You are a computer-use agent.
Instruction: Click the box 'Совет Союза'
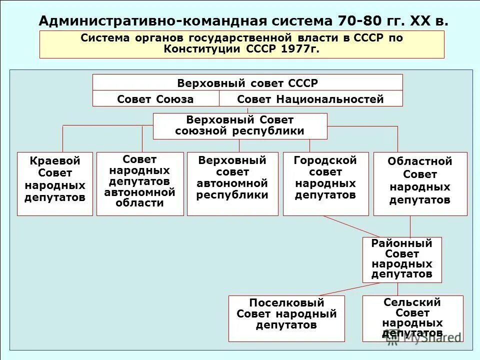(155, 99)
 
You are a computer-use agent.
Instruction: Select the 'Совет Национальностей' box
(310, 99)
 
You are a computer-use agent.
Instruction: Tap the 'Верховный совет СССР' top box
(247, 83)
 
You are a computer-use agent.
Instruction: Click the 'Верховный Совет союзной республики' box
(240, 126)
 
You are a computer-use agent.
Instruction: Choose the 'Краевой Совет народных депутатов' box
(55, 183)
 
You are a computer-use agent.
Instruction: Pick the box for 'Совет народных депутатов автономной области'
(140, 183)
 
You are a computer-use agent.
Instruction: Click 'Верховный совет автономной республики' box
(232, 183)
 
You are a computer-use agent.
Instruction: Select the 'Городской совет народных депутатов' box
(325, 183)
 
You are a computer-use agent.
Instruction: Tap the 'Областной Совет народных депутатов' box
(420, 183)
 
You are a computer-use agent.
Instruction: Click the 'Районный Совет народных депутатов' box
(402, 259)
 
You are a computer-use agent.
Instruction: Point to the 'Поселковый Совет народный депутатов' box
(286, 318)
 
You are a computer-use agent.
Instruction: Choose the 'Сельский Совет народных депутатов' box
(412, 318)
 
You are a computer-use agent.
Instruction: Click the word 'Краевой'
(55, 161)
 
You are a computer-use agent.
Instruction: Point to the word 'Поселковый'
(286, 303)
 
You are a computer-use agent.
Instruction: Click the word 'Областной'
(420, 161)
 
